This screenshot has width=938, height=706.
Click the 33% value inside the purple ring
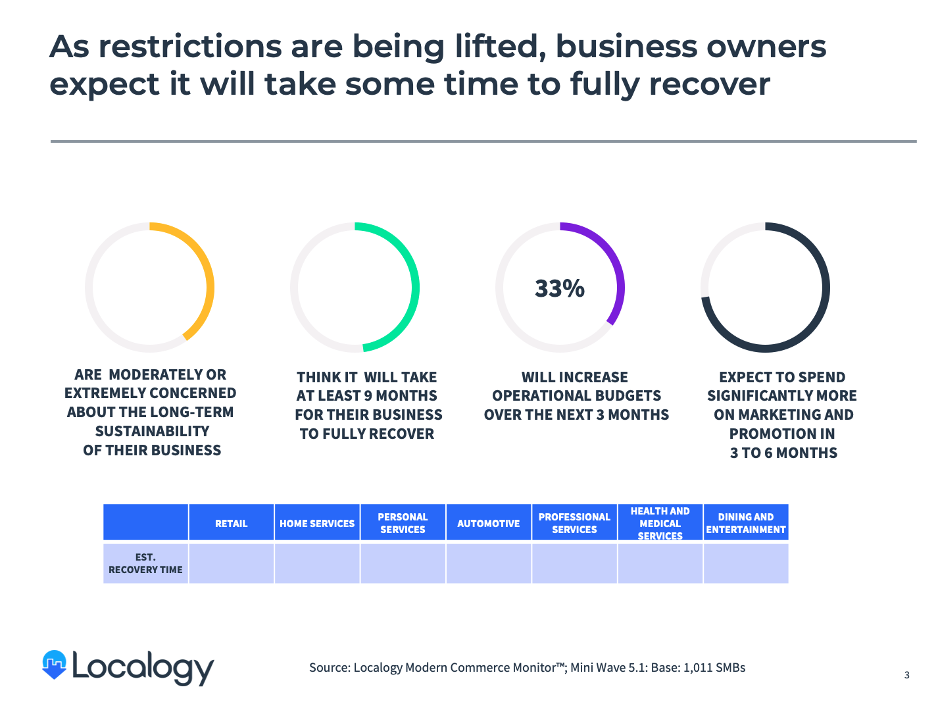coord(559,289)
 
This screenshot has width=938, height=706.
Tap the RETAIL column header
coord(231,524)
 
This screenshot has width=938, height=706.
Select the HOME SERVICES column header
coord(317,524)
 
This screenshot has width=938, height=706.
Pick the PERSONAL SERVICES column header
coord(403,523)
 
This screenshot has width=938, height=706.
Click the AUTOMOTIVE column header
coord(488,524)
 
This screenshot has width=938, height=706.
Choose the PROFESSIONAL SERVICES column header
coord(574,523)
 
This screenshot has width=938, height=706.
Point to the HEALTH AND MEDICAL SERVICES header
coord(660,523)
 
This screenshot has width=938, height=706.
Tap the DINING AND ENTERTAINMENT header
coord(745,523)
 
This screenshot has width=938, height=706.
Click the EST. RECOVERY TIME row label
coord(145,563)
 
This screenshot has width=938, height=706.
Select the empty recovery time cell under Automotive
coord(488,563)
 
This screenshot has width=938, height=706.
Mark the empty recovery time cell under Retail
coord(231,563)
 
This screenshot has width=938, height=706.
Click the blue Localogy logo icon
coord(55,665)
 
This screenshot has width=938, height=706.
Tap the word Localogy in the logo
coord(143,667)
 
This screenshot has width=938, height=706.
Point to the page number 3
coord(906,675)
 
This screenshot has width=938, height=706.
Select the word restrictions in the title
coord(190,47)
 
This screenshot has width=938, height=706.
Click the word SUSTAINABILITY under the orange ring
coord(152,432)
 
